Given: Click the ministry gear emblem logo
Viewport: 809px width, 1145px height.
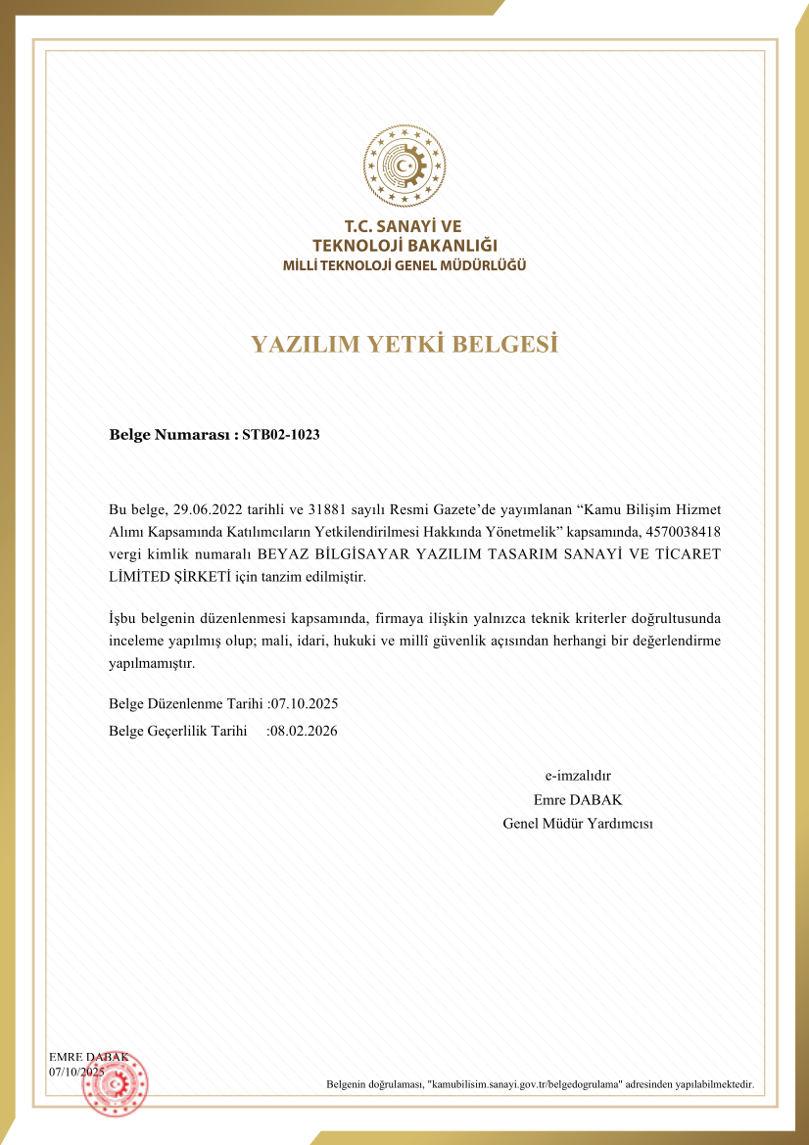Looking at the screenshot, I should (404, 167).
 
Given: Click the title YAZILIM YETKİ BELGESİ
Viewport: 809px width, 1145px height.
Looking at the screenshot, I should (404, 344).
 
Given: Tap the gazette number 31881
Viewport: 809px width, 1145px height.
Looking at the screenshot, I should (329, 509).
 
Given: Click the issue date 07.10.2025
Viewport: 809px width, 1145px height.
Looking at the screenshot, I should (304, 703).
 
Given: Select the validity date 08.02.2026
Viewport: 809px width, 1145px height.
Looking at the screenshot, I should (304, 731).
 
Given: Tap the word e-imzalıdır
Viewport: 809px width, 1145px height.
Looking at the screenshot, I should (578, 776).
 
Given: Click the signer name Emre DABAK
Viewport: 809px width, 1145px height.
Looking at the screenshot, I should (578, 799).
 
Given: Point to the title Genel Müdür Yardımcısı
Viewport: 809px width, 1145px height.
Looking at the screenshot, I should (578, 823).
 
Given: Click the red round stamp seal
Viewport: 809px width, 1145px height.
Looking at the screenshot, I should (115, 1083).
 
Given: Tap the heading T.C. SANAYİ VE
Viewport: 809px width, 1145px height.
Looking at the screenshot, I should (404, 226).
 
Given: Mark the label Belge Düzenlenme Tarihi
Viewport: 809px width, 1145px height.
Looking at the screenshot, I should (186, 703).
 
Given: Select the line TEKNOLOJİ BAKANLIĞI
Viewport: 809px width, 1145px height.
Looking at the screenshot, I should (404, 245).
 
